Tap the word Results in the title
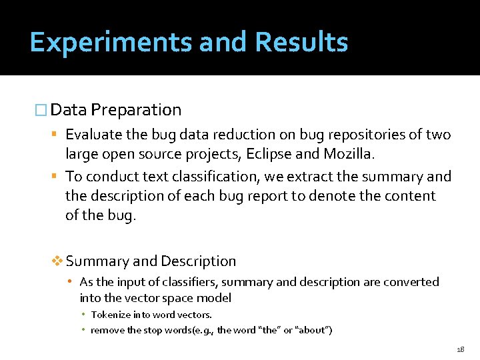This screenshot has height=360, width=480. click(x=302, y=43)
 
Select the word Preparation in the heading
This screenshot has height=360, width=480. click(x=136, y=110)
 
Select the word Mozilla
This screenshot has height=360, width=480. click(x=351, y=155)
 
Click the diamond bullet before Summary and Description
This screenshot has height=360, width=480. click(x=57, y=261)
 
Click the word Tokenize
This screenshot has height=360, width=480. click(x=110, y=315)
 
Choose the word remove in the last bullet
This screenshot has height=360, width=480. click(x=107, y=330)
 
